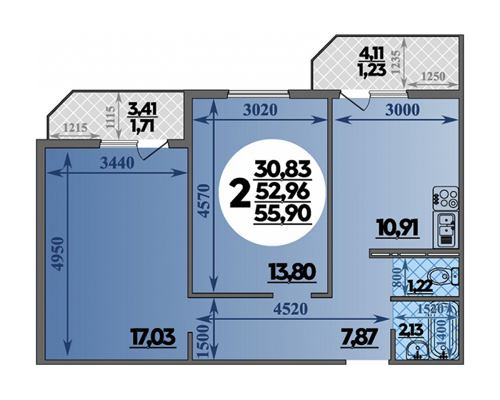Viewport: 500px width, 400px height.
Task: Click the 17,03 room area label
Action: click(153, 338)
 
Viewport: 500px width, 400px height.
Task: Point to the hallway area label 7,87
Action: click(361, 338)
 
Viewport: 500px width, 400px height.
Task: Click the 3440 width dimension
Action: click(116, 164)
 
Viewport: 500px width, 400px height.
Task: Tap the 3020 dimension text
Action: click(260, 110)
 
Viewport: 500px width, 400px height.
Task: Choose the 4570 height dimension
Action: click(204, 201)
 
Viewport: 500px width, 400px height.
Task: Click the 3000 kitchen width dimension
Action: click(403, 110)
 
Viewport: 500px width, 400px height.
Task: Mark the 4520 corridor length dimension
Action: click(291, 309)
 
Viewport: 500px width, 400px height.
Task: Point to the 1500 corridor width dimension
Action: click(204, 342)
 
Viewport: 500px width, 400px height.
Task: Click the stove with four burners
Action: click(446, 198)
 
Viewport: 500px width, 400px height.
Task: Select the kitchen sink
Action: click(446, 230)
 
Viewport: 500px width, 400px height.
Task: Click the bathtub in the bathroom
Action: click(443, 331)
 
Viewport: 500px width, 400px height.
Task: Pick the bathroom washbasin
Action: click(416, 350)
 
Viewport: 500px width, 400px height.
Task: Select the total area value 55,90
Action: click(283, 214)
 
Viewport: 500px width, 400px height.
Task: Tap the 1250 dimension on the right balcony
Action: click(433, 76)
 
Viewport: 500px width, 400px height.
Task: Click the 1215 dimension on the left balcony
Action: click(75, 128)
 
